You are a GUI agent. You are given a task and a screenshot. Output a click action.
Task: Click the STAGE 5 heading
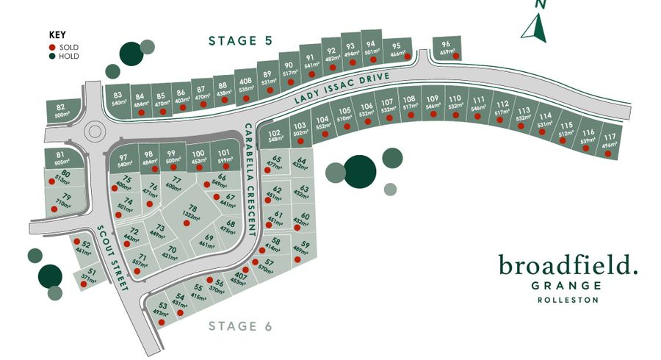pyautogui.click(x=240, y=41)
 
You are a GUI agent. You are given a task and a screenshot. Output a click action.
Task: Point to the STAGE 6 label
pyautogui.click(x=240, y=326)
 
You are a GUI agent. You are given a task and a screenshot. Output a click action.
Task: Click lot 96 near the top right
pyautogui.click(x=446, y=48)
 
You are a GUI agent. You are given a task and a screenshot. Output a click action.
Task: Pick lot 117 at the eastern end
pyautogui.click(x=610, y=141)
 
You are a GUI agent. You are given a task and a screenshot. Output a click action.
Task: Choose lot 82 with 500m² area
pyautogui.click(x=62, y=112)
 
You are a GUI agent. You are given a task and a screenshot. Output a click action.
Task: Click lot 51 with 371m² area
pyautogui.click(x=90, y=277)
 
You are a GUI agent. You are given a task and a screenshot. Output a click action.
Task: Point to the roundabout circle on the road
pyautogui.click(x=94, y=132)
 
